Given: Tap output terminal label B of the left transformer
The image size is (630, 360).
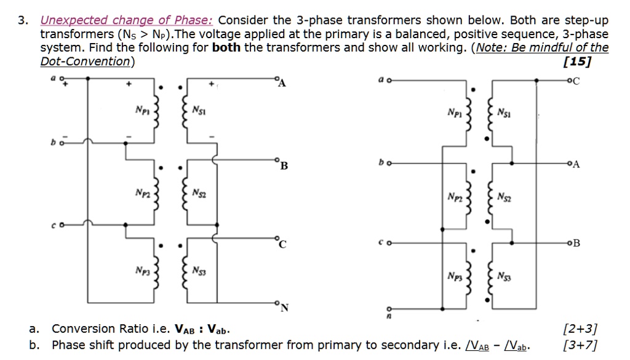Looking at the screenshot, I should click(282, 165).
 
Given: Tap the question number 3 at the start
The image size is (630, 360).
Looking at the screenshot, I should click(22, 21).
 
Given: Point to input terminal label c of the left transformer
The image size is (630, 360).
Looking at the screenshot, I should click(54, 225).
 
